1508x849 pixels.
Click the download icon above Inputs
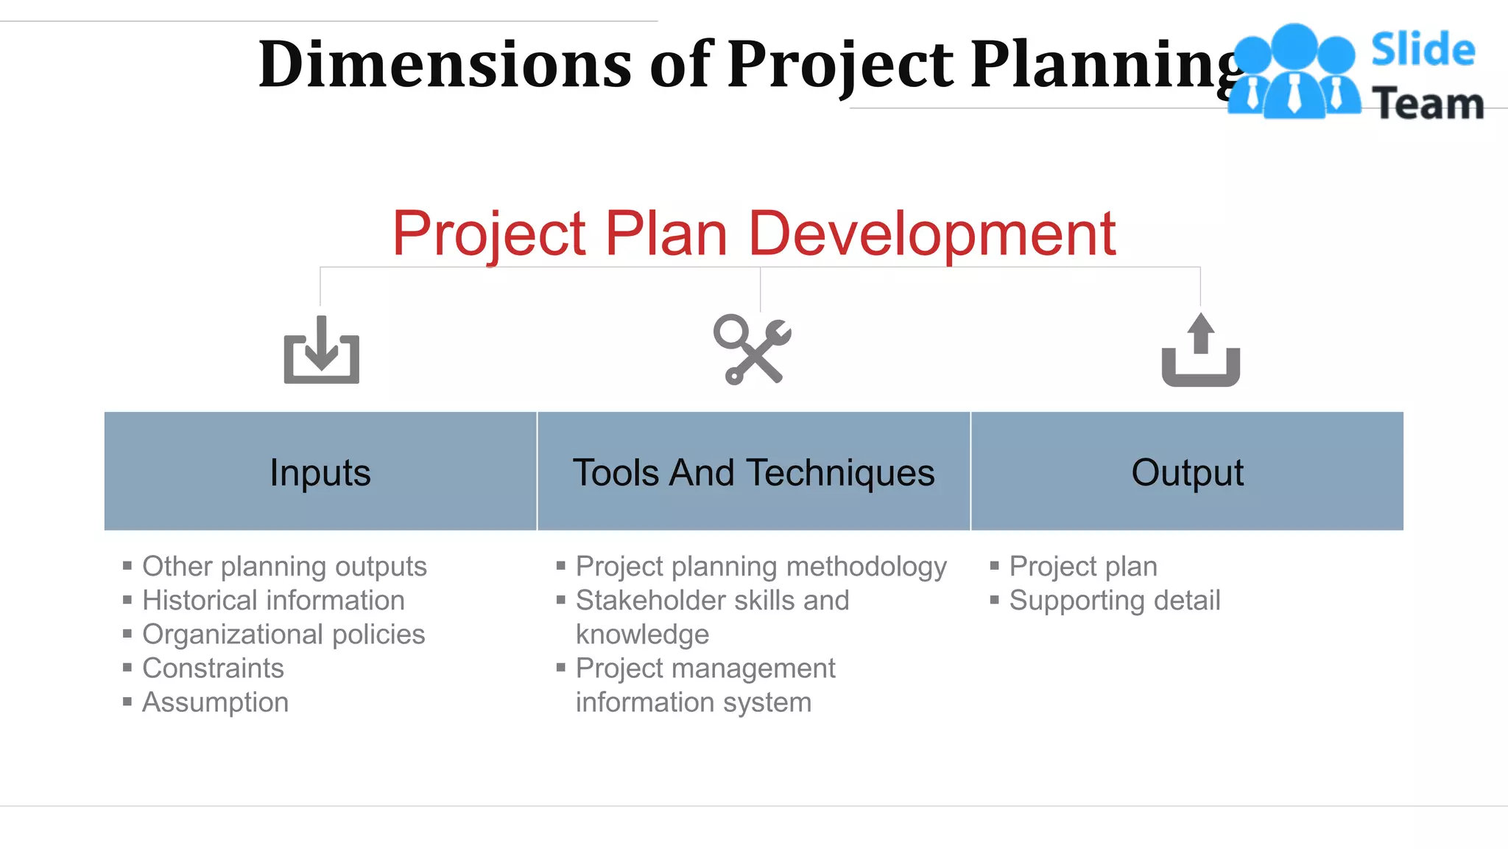click(322, 350)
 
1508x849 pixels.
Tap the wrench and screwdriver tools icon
click(752, 349)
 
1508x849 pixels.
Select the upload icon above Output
click(1200, 350)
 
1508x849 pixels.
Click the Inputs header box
click(320, 472)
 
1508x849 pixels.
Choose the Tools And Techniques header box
click(753, 472)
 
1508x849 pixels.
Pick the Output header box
click(1187, 472)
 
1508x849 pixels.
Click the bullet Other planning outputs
click(284, 566)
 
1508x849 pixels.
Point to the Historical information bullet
click(273, 600)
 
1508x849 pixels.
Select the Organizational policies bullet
click(283, 634)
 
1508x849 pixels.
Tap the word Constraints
click(213, 668)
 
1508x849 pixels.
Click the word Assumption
click(215, 702)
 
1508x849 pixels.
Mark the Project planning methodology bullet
click(761, 566)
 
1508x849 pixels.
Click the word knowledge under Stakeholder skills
click(642, 634)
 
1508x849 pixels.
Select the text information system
click(693, 702)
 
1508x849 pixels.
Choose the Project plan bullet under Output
click(1083, 566)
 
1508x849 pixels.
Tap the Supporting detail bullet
click(1115, 600)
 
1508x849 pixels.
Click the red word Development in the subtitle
click(931, 234)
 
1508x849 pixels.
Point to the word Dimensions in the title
click(445, 65)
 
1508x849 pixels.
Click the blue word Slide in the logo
click(1423, 50)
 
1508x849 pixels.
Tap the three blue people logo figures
click(1294, 72)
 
